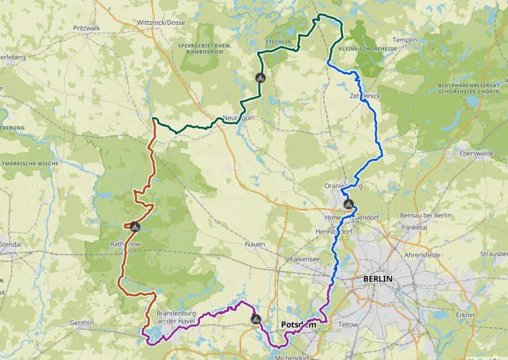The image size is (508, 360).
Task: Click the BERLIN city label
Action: tap(377, 279)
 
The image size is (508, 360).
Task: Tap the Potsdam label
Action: tap(298, 325)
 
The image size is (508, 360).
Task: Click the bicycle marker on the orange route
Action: tap(135, 227)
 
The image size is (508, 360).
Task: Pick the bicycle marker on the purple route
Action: tap(255, 319)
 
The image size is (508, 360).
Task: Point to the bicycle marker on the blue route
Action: tap(348, 204)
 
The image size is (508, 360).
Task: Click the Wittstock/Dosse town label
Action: tap(166, 23)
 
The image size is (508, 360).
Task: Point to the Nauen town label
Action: tap(255, 244)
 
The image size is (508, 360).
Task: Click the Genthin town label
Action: tap(82, 322)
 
